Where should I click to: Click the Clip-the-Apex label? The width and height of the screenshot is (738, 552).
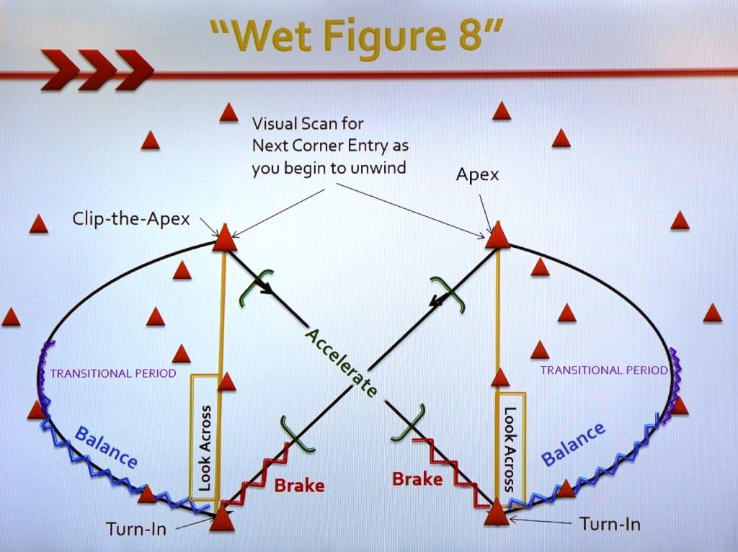131,219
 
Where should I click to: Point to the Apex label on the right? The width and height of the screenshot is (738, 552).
477,175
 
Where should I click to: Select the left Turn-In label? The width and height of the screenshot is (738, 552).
136,529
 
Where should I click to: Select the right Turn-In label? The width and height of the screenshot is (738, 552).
610,524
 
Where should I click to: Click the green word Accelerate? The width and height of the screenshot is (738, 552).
340,362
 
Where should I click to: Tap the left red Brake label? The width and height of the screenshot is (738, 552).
299,485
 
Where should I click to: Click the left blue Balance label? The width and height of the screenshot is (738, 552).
106,448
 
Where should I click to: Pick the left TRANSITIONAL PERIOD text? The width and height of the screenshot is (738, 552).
113,373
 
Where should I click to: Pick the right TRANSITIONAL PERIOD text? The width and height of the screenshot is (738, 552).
603,370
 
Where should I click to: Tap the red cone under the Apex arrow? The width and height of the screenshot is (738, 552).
498,236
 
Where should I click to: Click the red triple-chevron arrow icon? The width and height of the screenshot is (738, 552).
97,70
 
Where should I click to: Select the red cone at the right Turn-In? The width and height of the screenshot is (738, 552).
496,513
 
